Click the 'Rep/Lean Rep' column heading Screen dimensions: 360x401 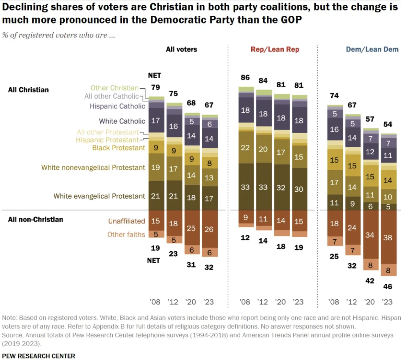(x=275, y=49)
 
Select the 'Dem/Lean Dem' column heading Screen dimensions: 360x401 (x=372, y=49)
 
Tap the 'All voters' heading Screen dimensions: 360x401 (x=181, y=49)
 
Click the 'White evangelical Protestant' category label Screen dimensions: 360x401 (x=99, y=196)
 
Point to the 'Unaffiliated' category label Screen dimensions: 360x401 (x=126, y=221)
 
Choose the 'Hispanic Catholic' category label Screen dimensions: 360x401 (x=117, y=106)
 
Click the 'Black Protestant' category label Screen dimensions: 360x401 (x=119, y=148)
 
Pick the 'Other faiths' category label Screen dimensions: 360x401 (x=126, y=234)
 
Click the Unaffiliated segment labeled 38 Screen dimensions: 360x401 (x=388, y=237)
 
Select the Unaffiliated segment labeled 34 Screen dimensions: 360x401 (x=370, y=235)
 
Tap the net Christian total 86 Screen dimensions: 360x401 (x=245, y=77)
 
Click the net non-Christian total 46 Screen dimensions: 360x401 (x=388, y=286)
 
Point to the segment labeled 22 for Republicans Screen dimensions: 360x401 (x=245, y=148)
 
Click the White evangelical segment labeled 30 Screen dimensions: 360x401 (x=299, y=189)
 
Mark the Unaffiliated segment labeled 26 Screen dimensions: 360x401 (x=209, y=229)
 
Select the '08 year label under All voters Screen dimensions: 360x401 (x=155, y=302)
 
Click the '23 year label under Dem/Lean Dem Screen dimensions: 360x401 (x=387, y=302)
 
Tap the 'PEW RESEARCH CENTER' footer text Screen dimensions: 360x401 (x=39, y=356)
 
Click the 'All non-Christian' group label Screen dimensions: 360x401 (x=35, y=220)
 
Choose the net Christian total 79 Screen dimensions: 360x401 (x=156, y=87)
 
